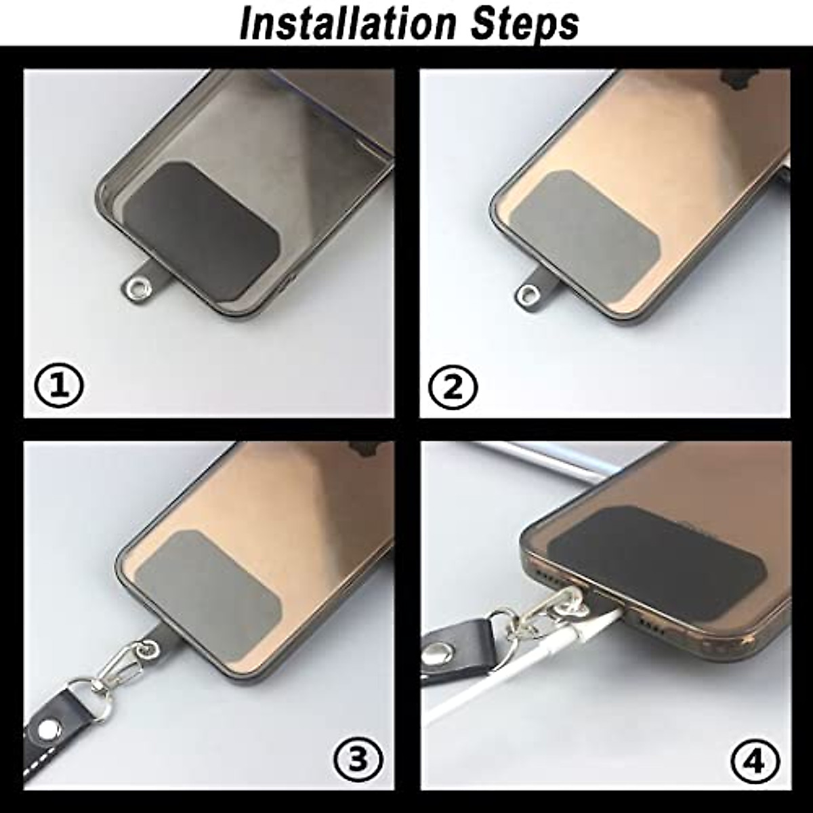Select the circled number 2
tap(454, 387)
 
